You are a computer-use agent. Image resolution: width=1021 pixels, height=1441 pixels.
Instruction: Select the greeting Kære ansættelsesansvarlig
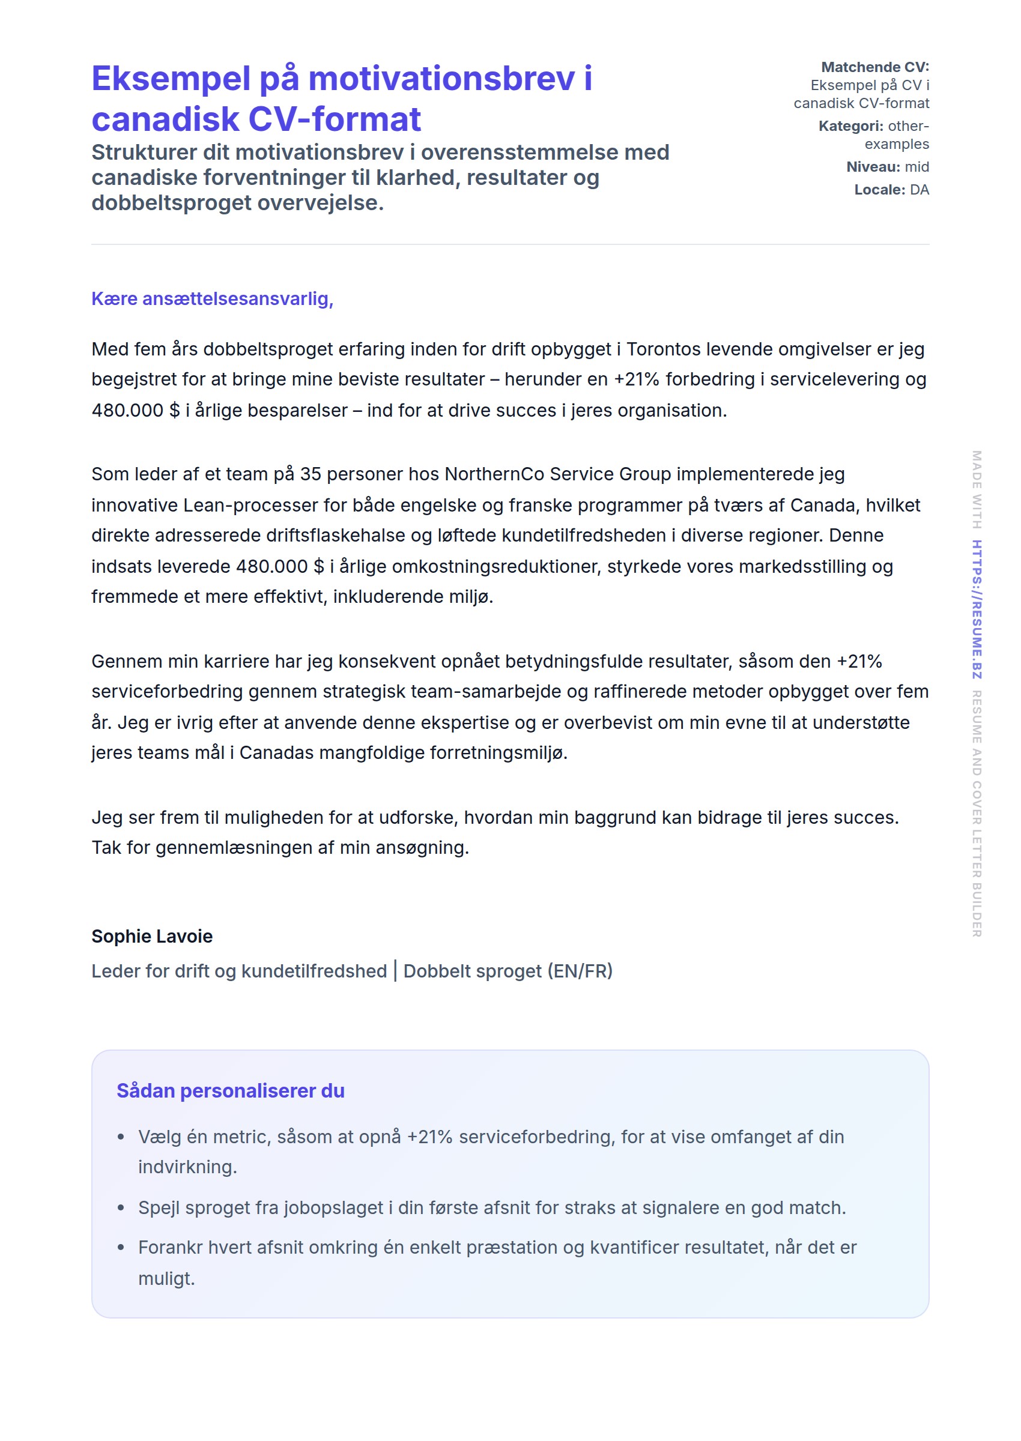click(x=212, y=298)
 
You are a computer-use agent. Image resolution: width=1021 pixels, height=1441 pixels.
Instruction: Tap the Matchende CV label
click(x=874, y=67)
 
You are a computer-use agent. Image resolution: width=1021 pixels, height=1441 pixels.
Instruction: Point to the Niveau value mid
click(x=916, y=166)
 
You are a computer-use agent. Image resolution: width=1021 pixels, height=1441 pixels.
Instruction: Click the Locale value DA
click(x=918, y=190)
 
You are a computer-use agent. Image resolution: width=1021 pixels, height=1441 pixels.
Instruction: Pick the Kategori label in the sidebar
click(x=850, y=125)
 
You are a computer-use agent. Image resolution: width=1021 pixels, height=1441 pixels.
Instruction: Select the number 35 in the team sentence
click(x=311, y=474)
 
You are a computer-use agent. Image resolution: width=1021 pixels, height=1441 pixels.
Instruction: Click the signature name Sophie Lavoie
click(x=152, y=937)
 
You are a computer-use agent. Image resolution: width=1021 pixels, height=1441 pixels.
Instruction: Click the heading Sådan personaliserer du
click(x=230, y=1091)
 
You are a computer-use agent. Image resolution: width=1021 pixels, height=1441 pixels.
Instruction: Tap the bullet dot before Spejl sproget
click(x=121, y=1209)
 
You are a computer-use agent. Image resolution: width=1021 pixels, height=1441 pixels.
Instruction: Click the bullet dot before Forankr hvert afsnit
click(x=121, y=1248)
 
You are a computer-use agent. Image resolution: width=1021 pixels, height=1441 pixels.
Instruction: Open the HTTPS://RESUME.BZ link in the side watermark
click(x=977, y=609)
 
